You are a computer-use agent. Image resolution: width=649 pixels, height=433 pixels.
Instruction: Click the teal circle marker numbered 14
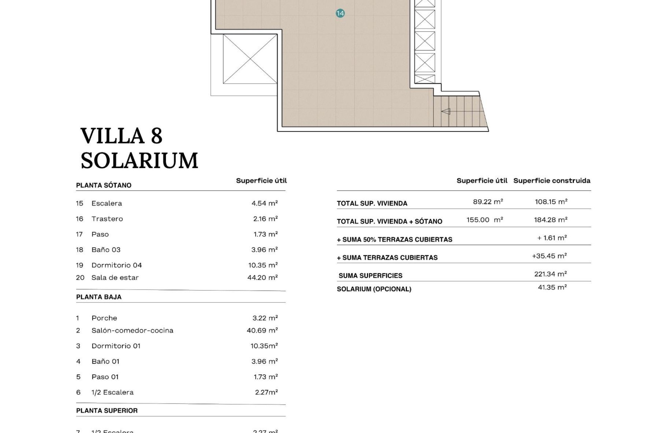[340, 14]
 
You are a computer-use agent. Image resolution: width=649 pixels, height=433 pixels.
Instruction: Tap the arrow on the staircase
[446, 111]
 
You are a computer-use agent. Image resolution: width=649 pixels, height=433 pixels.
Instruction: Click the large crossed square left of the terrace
[250, 59]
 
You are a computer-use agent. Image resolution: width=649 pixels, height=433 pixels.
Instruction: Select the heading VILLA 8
[121, 136]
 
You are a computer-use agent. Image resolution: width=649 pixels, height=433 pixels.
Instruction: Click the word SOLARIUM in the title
[139, 161]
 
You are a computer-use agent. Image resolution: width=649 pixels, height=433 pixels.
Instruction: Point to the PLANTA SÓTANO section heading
[104, 185]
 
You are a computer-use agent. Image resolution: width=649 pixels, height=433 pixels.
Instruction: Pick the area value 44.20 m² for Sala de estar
[262, 278]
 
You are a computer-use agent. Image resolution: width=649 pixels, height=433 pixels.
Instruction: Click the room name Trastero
[107, 219]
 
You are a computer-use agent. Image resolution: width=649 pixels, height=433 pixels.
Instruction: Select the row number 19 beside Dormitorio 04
[79, 265]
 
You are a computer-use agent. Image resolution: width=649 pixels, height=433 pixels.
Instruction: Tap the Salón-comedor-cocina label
[132, 331]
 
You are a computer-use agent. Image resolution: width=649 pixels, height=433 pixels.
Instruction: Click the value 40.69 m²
[262, 331]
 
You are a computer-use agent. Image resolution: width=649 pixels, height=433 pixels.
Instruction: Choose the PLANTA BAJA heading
[99, 297]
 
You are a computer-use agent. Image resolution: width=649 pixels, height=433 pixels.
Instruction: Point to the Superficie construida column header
[552, 181]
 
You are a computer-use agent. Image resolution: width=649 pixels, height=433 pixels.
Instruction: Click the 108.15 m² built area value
[551, 202]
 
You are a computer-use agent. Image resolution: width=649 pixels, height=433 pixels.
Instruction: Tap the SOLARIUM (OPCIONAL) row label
[374, 289]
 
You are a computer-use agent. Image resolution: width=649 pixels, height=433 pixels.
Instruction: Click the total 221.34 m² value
[550, 274]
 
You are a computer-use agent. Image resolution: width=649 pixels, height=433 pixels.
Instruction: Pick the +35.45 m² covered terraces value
[549, 256]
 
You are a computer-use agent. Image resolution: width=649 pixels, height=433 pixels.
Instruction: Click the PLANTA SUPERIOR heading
[107, 411]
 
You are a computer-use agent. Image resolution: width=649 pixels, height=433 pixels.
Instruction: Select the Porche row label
[104, 318]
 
